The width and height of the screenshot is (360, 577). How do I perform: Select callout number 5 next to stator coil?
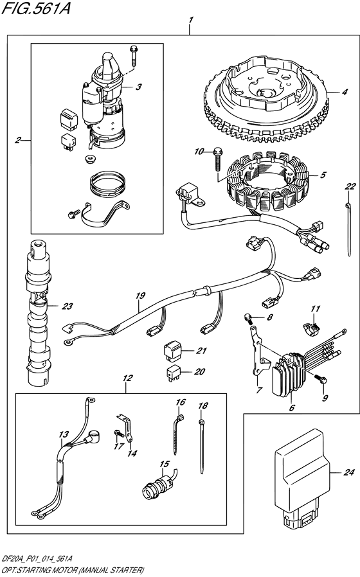coord(323,175)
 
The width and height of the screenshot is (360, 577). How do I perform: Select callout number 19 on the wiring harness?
coord(139,296)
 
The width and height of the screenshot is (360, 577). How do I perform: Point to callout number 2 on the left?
coord(19,139)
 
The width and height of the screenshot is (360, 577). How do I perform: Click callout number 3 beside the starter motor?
coord(138,85)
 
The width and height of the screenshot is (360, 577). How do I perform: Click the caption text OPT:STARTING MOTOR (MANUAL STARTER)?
coord(72,570)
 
